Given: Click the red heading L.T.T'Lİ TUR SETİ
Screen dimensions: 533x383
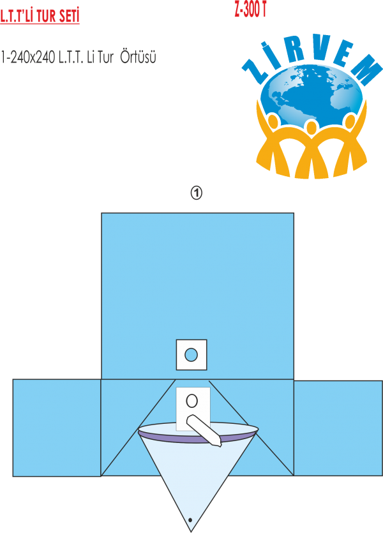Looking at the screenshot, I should pos(40,16).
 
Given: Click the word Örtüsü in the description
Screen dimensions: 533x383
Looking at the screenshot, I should pos(139,57).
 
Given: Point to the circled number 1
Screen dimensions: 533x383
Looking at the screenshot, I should pos(197,193).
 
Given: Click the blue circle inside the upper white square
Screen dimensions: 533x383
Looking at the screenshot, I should pos(191,354).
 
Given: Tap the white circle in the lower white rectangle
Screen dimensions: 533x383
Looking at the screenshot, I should pos(191,402).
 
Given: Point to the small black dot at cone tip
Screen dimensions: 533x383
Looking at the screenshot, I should pos(190,520).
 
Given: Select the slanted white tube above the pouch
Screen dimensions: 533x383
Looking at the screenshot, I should pos(204,429).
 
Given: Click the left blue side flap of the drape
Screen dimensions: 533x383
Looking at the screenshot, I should pos(56,428).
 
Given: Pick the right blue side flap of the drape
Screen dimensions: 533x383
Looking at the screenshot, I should pos(338,428).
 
